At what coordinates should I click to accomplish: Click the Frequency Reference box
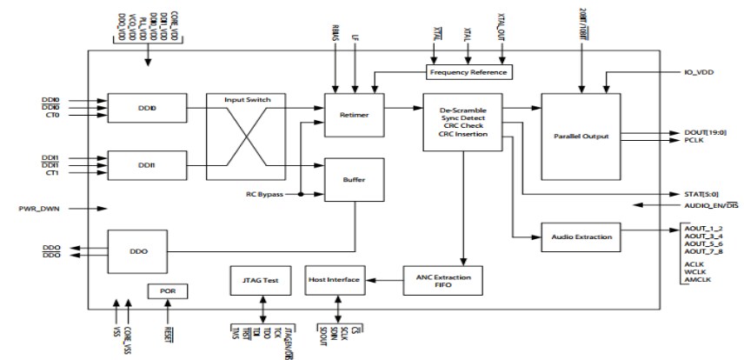click(x=467, y=71)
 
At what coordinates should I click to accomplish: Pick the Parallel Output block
click(x=580, y=136)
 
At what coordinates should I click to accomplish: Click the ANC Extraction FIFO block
click(x=442, y=278)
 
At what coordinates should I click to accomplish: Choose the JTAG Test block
click(x=260, y=279)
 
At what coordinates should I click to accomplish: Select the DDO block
click(x=138, y=250)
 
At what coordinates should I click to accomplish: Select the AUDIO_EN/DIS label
click(x=705, y=205)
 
